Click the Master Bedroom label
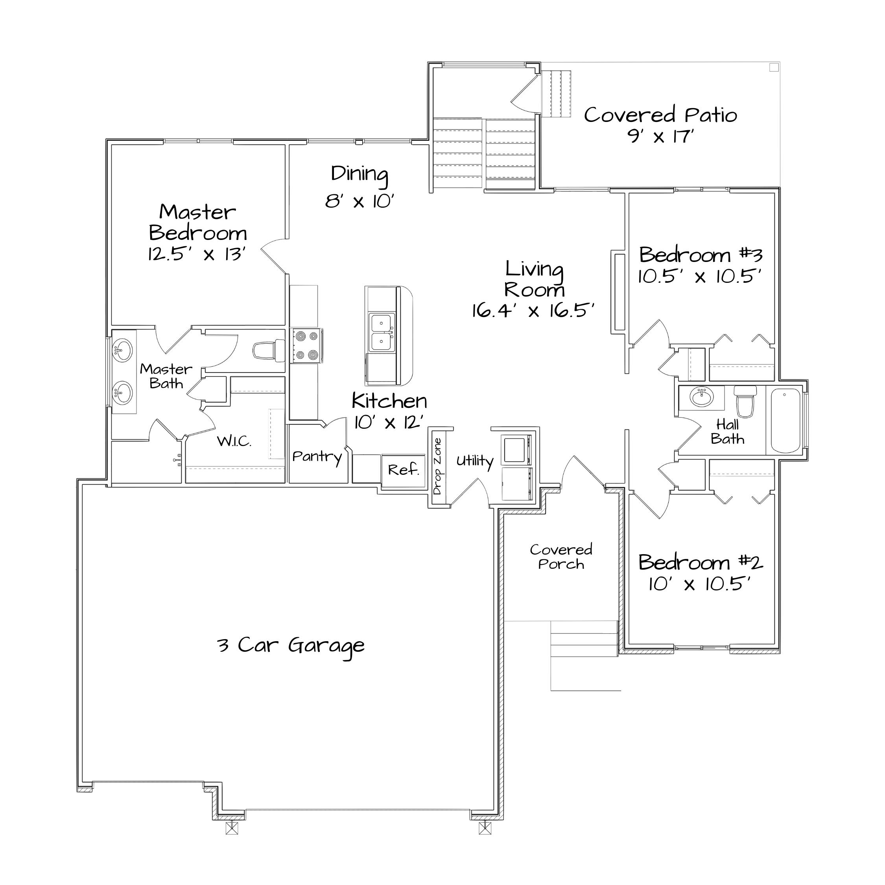click(x=198, y=222)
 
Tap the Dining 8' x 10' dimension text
click(x=360, y=201)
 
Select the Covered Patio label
click(x=660, y=114)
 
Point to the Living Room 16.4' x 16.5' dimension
click(x=533, y=311)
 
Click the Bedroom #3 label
click(x=701, y=255)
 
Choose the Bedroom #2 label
click(x=701, y=562)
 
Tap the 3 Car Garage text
click(x=291, y=645)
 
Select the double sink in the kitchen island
click(x=382, y=332)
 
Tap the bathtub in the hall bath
click(x=786, y=420)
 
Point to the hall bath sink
click(x=702, y=397)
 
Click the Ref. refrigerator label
click(x=404, y=470)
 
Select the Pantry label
click(x=317, y=457)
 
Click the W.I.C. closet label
click(x=234, y=441)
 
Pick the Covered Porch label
click(x=561, y=557)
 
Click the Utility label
click(x=475, y=461)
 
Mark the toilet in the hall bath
click(x=745, y=401)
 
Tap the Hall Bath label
click(x=727, y=431)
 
